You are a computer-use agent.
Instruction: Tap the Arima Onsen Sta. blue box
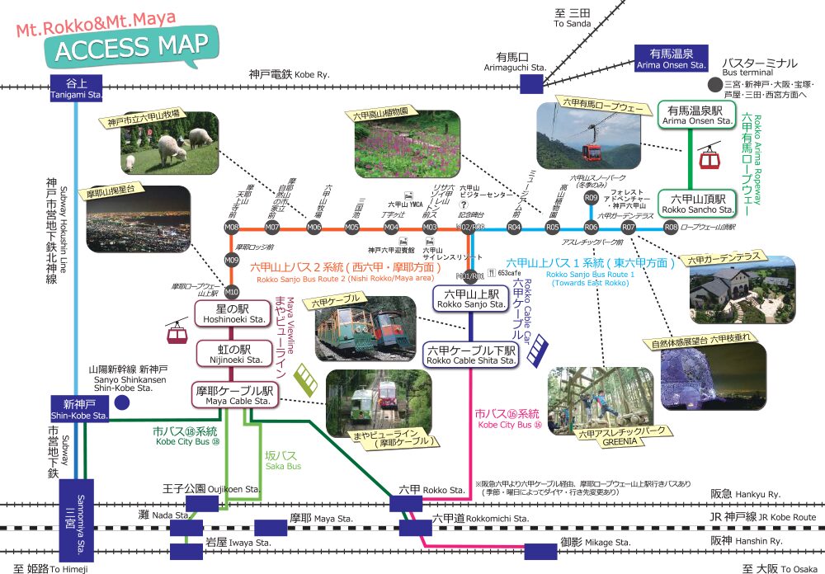[670, 58]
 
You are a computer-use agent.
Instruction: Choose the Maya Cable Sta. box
[233, 395]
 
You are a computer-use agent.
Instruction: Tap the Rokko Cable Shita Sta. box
[470, 355]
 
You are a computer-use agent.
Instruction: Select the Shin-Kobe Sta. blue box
[79, 409]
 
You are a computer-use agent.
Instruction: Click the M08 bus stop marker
[232, 227]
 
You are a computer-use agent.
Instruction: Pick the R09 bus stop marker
[591, 198]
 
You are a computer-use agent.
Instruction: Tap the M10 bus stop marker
[232, 291]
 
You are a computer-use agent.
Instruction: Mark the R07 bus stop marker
[629, 227]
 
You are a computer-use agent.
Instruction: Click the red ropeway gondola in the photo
[592, 150]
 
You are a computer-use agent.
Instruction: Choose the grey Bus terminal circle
[714, 85]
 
